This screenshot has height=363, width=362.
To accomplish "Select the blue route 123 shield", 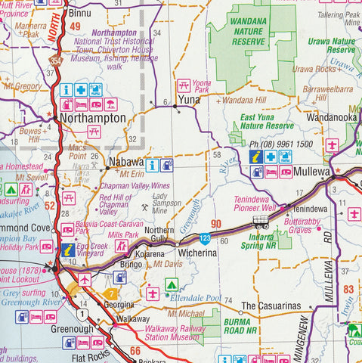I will (x=206, y=237).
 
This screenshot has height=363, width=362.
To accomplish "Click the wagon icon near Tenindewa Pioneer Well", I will (x=261, y=222).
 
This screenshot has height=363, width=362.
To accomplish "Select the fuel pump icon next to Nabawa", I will (x=166, y=165).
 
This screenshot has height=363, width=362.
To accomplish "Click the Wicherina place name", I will (x=198, y=253).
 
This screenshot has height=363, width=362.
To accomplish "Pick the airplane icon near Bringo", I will (x=85, y=279).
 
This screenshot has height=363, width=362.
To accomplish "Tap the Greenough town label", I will (x=73, y=329).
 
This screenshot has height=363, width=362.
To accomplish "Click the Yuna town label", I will (x=187, y=99).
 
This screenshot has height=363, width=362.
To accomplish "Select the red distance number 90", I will (x=216, y=224).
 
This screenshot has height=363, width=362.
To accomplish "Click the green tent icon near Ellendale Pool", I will (x=172, y=285).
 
